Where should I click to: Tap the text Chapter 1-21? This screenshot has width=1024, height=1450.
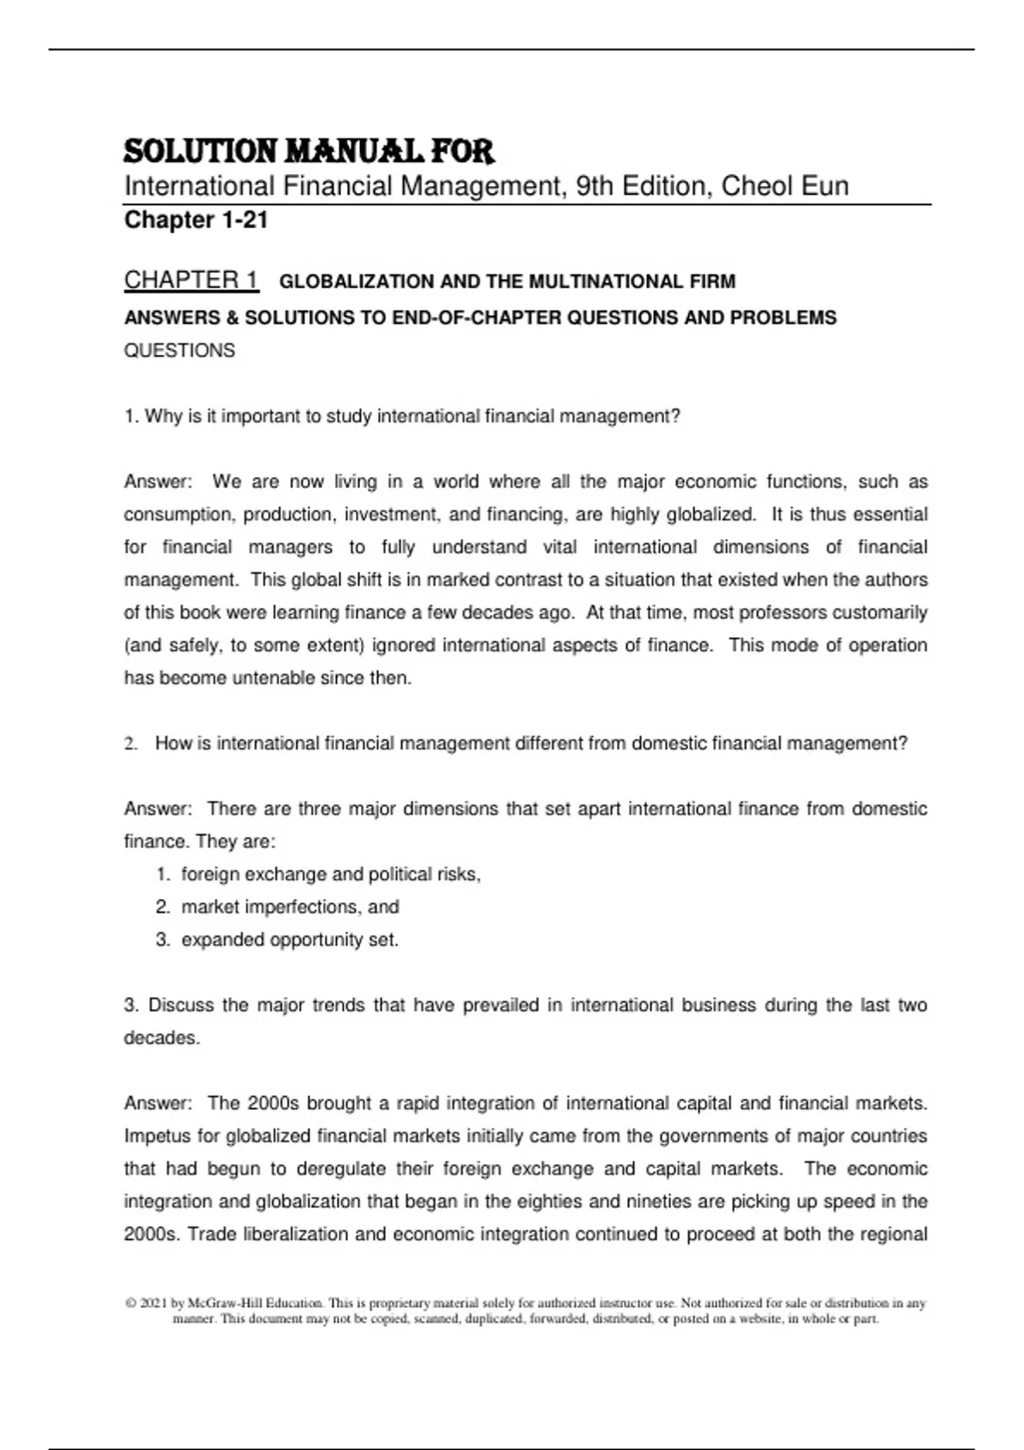point(196,220)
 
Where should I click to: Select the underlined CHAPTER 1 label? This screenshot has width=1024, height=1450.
point(191,280)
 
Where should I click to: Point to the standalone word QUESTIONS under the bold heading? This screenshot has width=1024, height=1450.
point(179,351)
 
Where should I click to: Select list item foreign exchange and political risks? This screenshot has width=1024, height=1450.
point(331,874)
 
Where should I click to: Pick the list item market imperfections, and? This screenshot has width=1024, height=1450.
point(290,907)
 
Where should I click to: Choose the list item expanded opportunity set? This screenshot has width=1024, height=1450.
point(289,940)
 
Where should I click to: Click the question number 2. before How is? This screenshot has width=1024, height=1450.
point(131,744)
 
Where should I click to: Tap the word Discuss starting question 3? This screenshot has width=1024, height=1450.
point(181,1005)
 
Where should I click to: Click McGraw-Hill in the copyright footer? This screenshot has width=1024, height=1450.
point(224,1303)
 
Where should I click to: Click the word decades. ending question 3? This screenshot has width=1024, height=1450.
point(162,1038)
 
